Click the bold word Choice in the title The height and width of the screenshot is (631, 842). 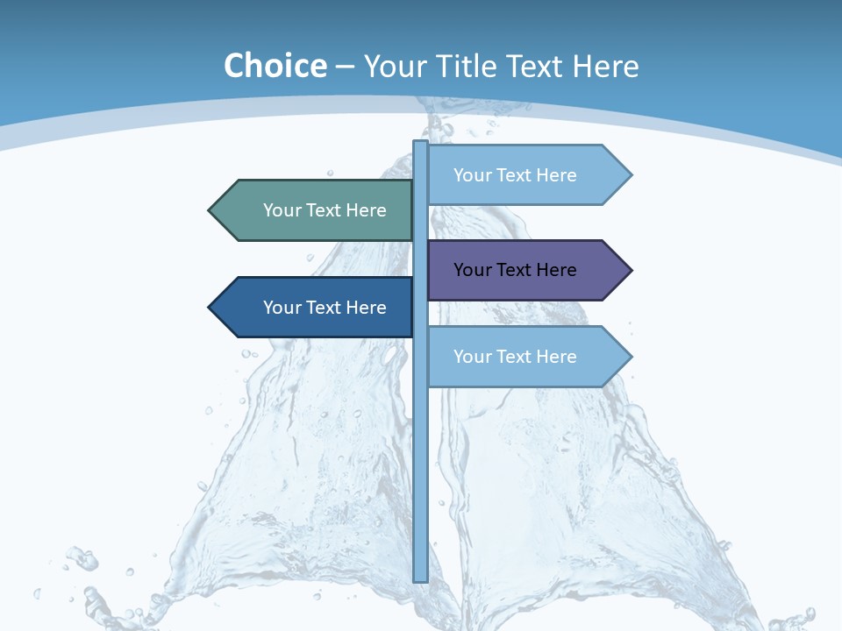coord(275,66)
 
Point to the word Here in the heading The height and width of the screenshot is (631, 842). coord(605,66)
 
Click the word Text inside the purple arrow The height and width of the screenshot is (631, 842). coord(516,270)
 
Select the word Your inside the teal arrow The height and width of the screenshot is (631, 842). coord(282,210)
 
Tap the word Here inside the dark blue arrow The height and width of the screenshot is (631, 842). coord(366,308)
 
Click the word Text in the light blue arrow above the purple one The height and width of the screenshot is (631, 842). coord(516,175)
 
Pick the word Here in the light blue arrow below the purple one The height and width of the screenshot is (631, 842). coord(556,357)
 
